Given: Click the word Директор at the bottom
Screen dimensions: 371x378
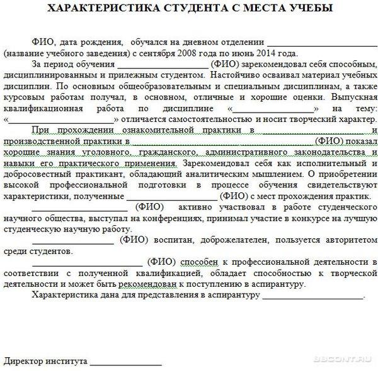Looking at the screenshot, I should pyautogui.click(x=23, y=362).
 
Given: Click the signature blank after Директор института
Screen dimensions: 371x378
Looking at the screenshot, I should pyautogui.click(x=126, y=363).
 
